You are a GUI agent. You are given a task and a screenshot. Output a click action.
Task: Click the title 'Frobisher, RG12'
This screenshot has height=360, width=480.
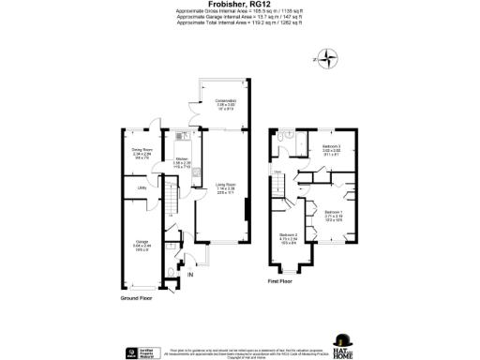point(239,5)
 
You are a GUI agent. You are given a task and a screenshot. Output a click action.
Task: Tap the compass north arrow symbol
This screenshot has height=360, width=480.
point(327,63)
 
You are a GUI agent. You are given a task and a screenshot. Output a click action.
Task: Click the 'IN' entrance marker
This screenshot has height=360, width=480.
point(188,275)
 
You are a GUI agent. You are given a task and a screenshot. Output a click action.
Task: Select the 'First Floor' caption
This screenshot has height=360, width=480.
point(280,281)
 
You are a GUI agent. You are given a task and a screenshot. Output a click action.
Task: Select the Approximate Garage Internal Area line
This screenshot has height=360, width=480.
point(239,17)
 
